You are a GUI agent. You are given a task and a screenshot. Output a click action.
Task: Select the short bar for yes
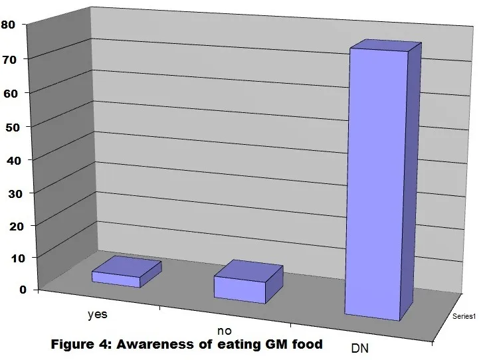click(x=126, y=272)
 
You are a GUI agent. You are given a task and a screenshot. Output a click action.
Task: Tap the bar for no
click(x=248, y=282)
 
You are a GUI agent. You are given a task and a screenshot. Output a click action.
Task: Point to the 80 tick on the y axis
click(x=8, y=25)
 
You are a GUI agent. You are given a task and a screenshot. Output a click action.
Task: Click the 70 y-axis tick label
click(x=9, y=60)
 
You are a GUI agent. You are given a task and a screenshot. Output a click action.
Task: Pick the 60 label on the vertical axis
click(x=11, y=94)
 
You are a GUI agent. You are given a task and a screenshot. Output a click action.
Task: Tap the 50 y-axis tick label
click(x=13, y=128)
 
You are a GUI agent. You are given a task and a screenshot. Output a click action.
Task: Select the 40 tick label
click(x=14, y=161)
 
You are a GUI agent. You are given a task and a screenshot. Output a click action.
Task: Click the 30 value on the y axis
click(x=15, y=194)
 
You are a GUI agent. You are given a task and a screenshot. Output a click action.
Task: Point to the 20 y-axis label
click(x=17, y=226)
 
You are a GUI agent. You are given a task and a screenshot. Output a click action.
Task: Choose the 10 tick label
click(x=18, y=258)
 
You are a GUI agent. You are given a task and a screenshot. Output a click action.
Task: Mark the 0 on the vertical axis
click(x=23, y=290)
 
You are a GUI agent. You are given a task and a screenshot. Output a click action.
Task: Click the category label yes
click(x=98, y=314)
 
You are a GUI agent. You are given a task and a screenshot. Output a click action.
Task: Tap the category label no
click(x=225, y=330)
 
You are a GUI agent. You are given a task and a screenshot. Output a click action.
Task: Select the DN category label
click(x=360, y=348)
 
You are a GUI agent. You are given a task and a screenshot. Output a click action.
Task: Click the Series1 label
click(x=464, y=316)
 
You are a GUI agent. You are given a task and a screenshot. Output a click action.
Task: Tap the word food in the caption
click(x=307, y=345)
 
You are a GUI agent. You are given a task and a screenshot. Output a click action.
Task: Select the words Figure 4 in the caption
click(x=82, y=345)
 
